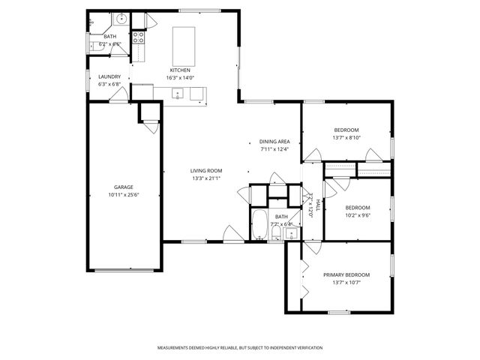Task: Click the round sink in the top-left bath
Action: click(x=120, y=18)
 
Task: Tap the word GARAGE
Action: click(x=124, y=187)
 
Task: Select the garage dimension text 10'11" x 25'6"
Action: click(x=124, y=195)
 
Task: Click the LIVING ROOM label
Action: click(x=206, y=170)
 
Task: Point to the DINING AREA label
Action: click(x=274, y=141)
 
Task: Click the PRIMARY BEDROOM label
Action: click(x=346, y=274)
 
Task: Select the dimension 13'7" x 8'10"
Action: click(x=346, y=137)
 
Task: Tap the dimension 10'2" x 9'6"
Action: click(x=358, y=214)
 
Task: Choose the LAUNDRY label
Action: click(x=109, y=76)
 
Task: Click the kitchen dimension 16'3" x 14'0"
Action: click(x=180, y=77)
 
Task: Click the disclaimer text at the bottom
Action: click(x=240, y=348)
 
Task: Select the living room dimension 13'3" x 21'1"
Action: click(x=206, y=178)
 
